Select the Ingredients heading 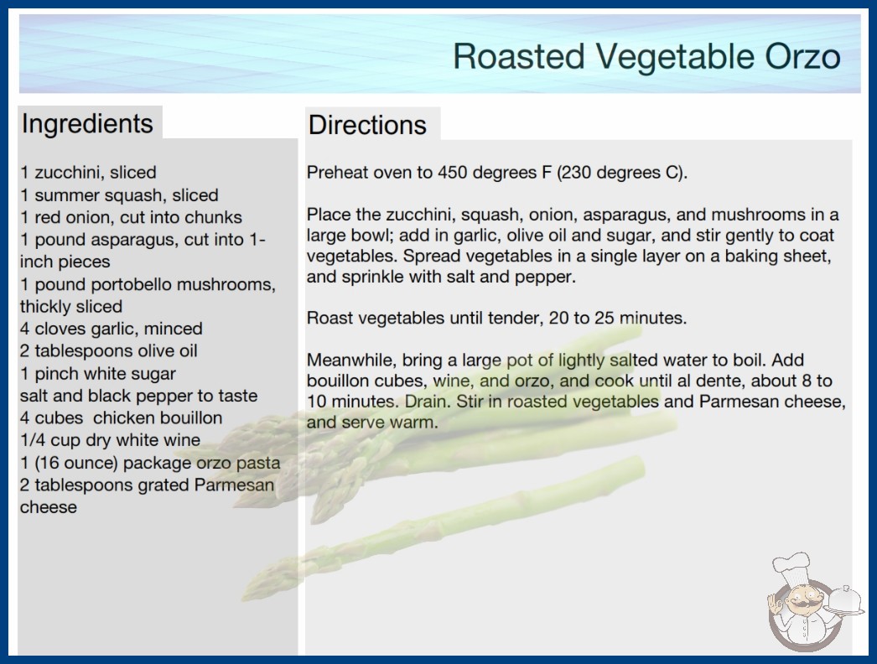pyautogui.click(x=87, y=124)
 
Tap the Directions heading pyautogui.click(x=367, y=125)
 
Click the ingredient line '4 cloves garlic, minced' pyautogui.click(x=112, y=329)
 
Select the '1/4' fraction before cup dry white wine pyautogui.click(x=33, y=440)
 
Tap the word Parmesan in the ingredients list pyautogui.click(x=234, y=485)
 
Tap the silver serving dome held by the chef pyautogui.click(x=845, y=601)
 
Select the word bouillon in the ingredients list pyautogui.click(x=189, y=418)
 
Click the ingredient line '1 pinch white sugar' pyautogui.click(x=98, y=374)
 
